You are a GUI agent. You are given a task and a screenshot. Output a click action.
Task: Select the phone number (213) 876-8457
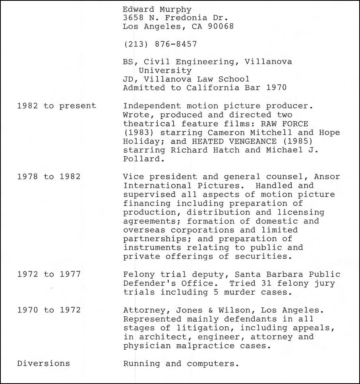point(160,44)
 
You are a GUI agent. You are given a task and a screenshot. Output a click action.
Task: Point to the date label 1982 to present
point(56,106)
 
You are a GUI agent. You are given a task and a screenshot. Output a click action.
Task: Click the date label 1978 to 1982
point(49,176)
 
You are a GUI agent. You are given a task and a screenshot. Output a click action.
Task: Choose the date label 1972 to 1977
point(49,274)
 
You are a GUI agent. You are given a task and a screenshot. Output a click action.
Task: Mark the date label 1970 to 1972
point(49,310)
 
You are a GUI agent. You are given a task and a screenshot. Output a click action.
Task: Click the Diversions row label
point(43,363)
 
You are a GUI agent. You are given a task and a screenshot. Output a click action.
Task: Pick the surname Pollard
point(141,159)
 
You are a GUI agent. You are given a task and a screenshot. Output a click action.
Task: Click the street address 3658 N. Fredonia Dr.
point(175,18)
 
